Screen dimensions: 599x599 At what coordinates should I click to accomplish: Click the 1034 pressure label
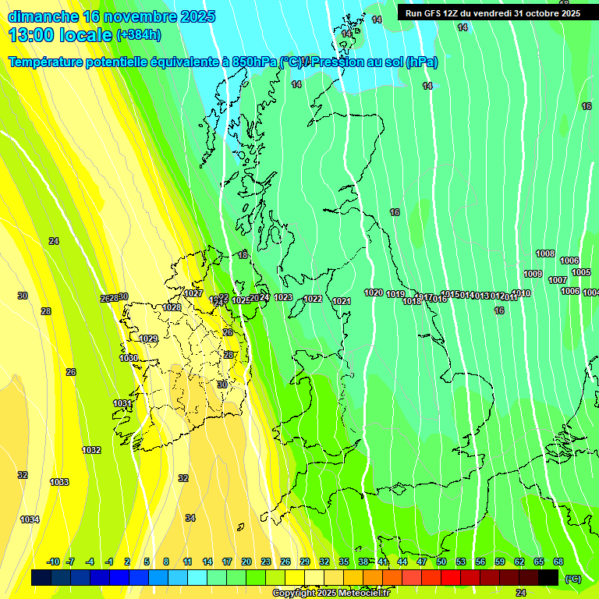point(30,519)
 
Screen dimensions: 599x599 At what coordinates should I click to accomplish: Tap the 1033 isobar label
point(59,482)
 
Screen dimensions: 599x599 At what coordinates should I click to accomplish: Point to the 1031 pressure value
point(122,403)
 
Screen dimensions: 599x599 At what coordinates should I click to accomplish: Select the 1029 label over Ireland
point(148,338)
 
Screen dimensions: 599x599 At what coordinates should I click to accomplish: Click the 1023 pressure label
point(283,297)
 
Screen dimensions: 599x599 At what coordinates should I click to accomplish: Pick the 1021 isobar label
point(342,301)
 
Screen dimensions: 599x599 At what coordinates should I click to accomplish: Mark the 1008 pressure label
point(545,253)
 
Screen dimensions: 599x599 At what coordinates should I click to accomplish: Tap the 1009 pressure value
point(533,274)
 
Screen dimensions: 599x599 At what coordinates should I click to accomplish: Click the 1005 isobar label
point(581,272)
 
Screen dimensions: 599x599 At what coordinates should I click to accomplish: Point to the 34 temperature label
point(190,518)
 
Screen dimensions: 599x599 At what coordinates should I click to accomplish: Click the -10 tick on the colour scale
point(53,562)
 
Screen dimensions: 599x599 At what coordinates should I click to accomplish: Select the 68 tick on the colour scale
point(558,562)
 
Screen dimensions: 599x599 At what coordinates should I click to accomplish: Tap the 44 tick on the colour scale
point(402,562)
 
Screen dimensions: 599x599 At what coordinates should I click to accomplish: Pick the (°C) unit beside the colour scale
point(572,579)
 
